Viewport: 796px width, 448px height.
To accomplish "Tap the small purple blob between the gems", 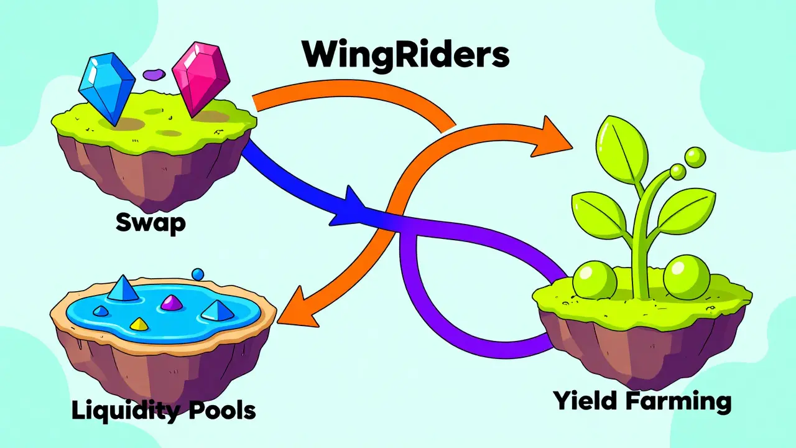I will (x=152, y=75).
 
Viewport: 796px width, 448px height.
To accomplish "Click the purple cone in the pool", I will (x=170, y=302).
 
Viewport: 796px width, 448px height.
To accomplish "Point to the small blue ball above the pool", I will (x=198, y=274).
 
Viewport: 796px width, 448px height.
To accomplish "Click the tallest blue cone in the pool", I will (x=121, y=289).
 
